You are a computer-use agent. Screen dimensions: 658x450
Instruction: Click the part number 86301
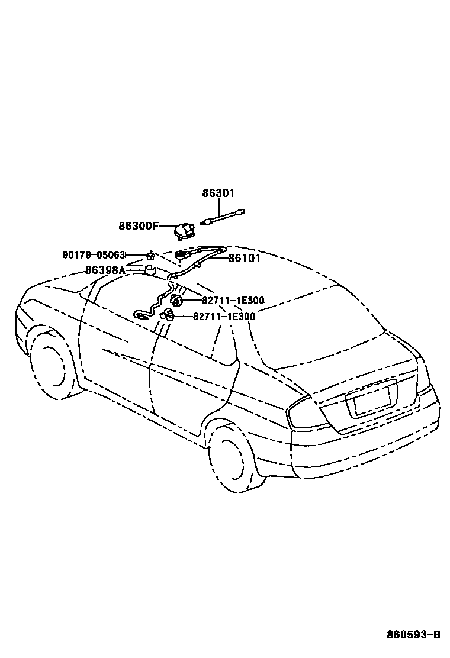(218, 193)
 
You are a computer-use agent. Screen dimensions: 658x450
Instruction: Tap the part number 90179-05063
(94, 255)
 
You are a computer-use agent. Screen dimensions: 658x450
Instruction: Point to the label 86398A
(105, 270)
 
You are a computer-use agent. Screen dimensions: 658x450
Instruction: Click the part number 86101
(245, 259)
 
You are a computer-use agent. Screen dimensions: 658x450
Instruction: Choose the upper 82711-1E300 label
(233, 301)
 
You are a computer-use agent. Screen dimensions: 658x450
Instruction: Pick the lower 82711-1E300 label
(224, 317)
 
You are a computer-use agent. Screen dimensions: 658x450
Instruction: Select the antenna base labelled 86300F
(185, 230)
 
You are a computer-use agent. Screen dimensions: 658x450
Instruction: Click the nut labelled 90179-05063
(150, 256)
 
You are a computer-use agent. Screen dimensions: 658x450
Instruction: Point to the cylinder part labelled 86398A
(150, 271)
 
